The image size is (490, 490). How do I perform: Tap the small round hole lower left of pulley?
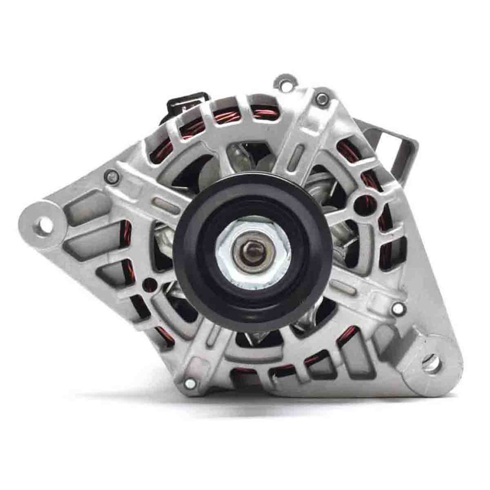(149, 281)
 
